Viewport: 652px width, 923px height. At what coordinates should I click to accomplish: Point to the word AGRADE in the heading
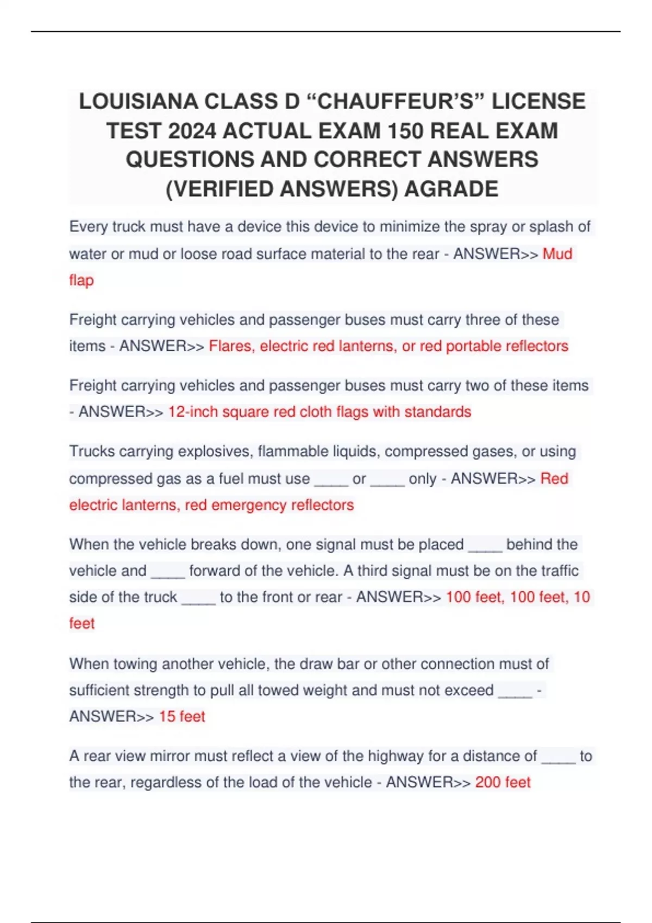[x=451, y=189]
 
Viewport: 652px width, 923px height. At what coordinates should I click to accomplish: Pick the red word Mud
[x=557, y=254]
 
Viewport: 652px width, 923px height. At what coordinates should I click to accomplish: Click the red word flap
[x=81, y=280]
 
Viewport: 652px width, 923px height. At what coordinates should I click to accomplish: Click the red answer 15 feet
[x=181, y=717]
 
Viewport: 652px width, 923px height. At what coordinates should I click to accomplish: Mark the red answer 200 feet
[x=503, y=782]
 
